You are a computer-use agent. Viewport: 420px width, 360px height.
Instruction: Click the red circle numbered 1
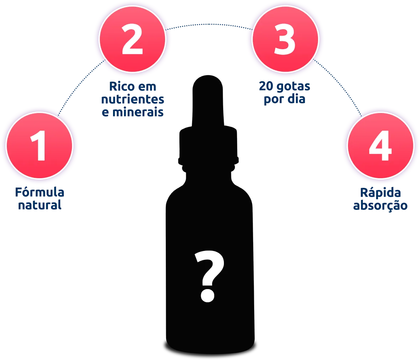click(x=40, y=145)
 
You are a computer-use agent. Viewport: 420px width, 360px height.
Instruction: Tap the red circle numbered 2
click(x=133, y=39)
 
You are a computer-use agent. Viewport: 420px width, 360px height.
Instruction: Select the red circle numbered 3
click(x=286, y=39)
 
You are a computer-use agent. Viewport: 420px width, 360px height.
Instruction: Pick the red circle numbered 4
click(x=381, y=145)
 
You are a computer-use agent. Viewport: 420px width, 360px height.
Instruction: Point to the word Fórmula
click(x=40, y=192)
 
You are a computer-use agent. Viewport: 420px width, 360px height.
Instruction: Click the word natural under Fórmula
click(x=40, y=205)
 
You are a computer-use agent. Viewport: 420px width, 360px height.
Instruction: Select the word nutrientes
click(x=133, y=99)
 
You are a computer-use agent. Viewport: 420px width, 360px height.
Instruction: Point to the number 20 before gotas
click(x=266, y=86)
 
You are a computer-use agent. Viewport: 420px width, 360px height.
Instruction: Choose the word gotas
click(x=293, y=87)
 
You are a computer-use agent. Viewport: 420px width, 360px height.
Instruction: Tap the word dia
click(x=297, y=99)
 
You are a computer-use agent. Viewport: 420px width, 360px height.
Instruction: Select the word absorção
click(x=380, y=206)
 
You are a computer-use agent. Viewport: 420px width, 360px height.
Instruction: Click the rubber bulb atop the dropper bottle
click(x=208, y=101)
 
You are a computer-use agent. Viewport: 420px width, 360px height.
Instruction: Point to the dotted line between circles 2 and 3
click(x=209, y=24)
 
